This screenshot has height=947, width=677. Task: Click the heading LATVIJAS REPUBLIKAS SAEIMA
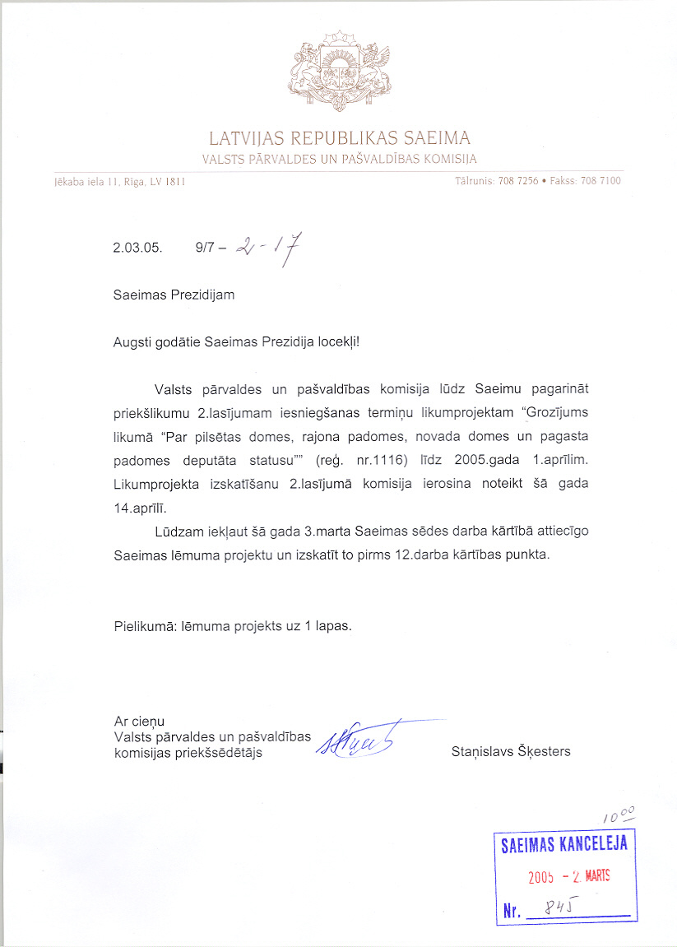339,137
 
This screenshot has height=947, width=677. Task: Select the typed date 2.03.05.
137,246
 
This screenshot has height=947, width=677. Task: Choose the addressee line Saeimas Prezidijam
174,295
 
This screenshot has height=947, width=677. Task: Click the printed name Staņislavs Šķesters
511,751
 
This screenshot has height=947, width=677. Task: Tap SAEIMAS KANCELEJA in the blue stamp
564,844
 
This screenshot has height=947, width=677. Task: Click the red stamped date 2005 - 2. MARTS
568,876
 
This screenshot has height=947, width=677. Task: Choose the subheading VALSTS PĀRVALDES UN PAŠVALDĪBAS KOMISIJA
339,159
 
